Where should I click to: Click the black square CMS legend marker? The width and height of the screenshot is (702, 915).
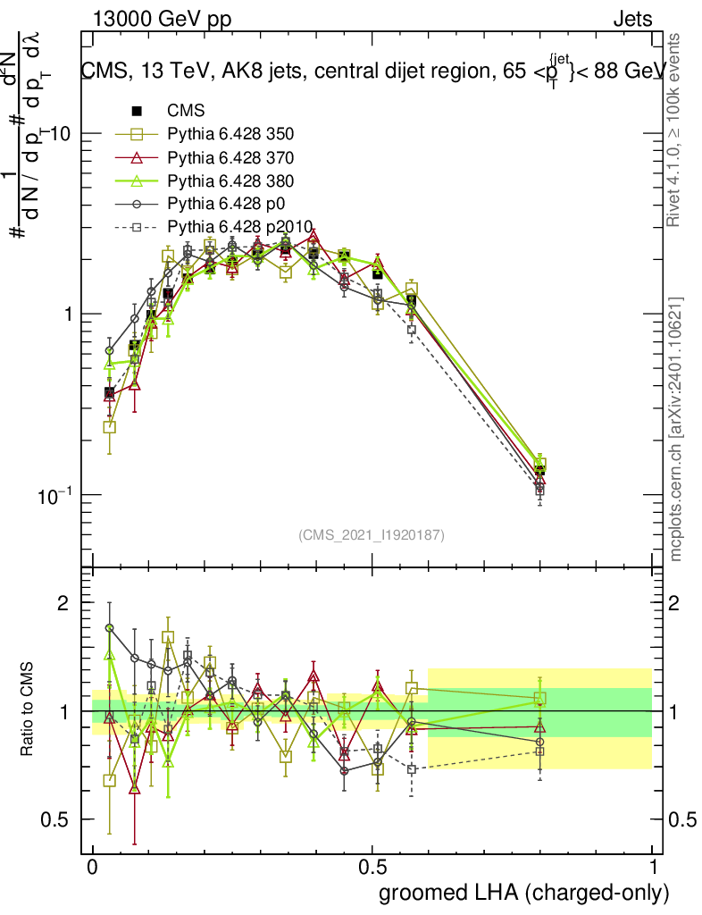pos(137,112)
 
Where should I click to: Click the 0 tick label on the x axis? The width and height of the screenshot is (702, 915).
pos(93,868)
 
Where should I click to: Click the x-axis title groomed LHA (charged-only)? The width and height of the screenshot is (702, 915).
pos(524,893)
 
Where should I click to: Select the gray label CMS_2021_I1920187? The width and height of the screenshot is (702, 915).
pos(372,534)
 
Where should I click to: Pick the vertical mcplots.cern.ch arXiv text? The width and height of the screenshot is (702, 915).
pos(676,429)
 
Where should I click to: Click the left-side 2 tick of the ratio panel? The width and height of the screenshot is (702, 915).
pos(63,603)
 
